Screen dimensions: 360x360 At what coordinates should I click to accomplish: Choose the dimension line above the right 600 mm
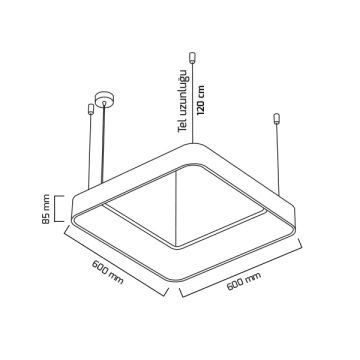244,270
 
